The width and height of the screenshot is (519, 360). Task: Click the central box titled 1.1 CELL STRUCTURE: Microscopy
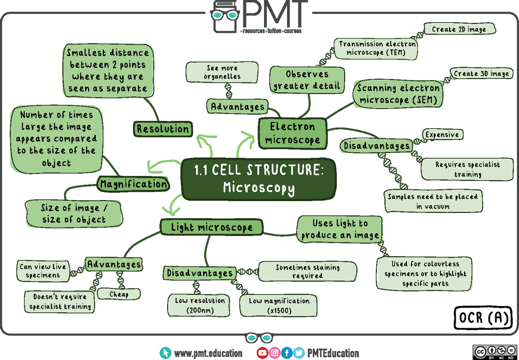[258, 179]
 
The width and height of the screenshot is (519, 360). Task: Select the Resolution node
[162, 129]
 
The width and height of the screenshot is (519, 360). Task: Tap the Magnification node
[134, 184]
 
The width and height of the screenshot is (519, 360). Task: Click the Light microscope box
[211, 227]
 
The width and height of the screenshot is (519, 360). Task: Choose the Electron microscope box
[293, 133]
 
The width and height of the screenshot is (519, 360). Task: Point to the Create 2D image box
[459, 29]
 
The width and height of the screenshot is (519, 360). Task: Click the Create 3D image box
[481, 74]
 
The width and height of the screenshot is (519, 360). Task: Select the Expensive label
[442, 135]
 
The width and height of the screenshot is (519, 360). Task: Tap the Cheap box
[119, 294]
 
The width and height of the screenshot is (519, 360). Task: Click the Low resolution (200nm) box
[200, 305]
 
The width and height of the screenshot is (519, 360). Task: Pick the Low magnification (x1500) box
[279, 305]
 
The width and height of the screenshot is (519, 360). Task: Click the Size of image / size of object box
[74, 214]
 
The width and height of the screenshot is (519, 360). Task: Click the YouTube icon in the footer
[263, 353]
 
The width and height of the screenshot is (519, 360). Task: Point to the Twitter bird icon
[299, 353]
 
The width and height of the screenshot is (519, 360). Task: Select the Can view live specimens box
[43, 271]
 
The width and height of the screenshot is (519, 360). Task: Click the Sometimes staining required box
[307, 271]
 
